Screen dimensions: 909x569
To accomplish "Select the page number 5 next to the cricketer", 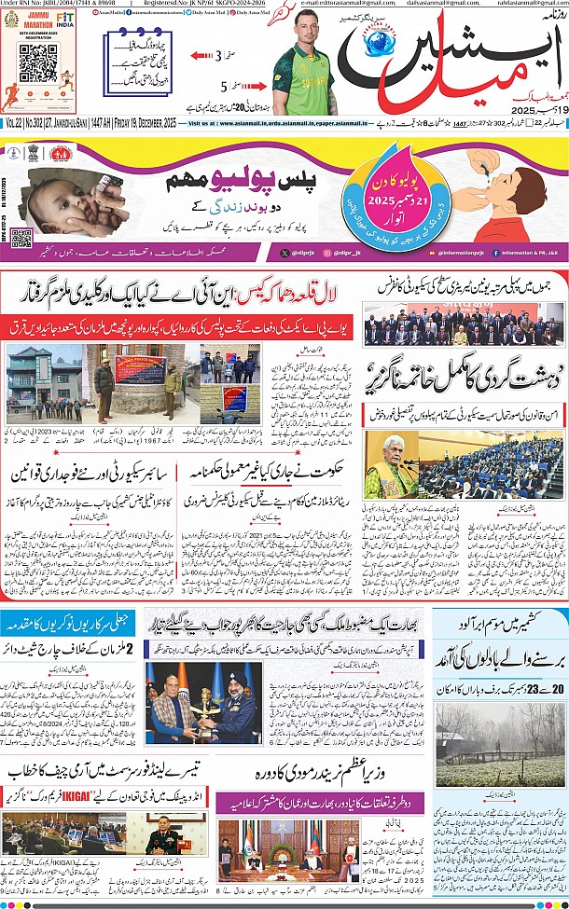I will tap(223, 86).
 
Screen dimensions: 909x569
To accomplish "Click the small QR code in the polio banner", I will tap(22, 238).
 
